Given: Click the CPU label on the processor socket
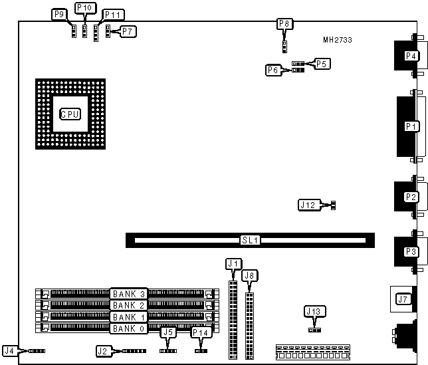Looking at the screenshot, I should pos(70,114).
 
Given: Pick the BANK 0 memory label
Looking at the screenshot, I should pos(129,328).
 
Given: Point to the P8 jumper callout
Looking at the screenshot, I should pos(284,25).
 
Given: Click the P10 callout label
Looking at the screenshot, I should pos(85,8).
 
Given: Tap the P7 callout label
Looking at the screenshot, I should pos(128,31).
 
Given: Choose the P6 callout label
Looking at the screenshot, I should pos(272,70).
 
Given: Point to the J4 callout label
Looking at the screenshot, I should pos(9,350).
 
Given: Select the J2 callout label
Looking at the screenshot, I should pos(102,350).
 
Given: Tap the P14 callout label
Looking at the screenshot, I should pos(200,332).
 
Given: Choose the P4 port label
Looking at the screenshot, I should pos(411,56).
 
